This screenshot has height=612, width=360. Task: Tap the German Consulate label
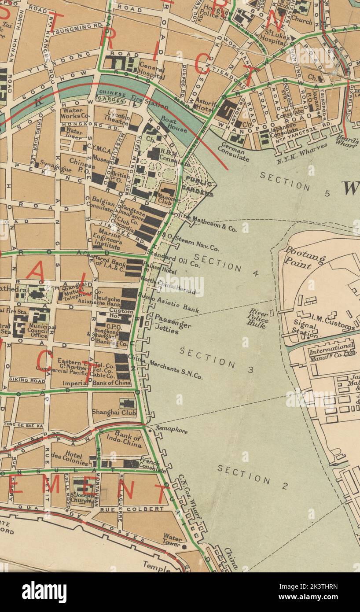coord(233,151)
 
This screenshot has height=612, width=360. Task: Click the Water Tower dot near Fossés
coord(184,546)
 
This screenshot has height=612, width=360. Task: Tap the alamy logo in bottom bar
coord(44,592)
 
